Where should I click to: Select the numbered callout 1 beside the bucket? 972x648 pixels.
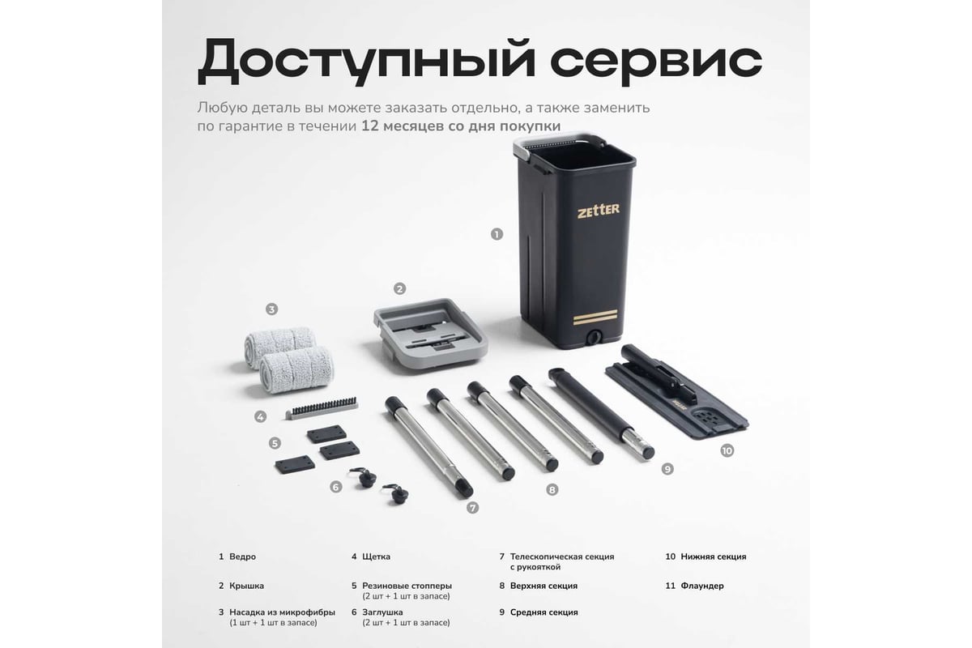(497, 234)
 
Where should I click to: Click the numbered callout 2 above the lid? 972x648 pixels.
(399, 288)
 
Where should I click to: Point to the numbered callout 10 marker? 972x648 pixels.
(727, 450)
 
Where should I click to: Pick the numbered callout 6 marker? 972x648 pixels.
(336, 487)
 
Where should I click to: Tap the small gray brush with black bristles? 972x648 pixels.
(322, 408)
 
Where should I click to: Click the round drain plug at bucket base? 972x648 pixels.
(593, 337)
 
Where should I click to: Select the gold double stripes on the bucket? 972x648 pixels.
(595, 318)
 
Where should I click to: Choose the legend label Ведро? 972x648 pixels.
(242, 556)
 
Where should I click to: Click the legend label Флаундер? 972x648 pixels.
(702, 586)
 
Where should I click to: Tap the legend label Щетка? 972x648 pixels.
(376, 556)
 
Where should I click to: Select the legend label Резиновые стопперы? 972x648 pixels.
(407, 586)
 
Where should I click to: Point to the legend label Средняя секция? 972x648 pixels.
(544, 612)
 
